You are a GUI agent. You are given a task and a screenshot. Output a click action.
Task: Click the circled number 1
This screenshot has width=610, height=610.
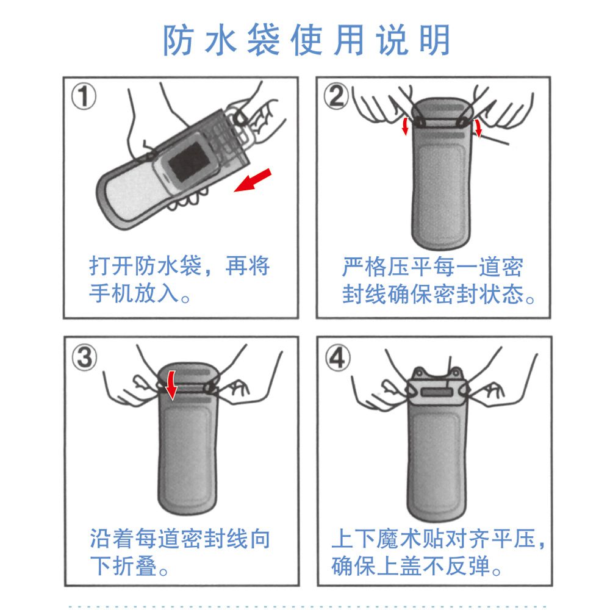pos(84,97)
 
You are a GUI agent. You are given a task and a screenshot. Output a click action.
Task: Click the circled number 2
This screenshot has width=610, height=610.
pos(337,96)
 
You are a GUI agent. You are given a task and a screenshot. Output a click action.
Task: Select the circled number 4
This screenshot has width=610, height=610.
pos(338,358)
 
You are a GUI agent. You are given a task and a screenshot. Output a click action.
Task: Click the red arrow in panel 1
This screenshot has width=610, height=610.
pos(253,180)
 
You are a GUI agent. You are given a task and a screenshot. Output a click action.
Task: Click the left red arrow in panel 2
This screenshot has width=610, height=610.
pos(406,126)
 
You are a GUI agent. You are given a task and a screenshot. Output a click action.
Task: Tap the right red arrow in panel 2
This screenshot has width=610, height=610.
pos(478,128)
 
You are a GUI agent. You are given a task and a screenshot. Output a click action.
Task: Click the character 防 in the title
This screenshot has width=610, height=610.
pos(178,40)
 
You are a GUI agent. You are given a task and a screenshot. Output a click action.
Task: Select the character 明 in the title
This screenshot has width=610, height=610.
pos(434,40)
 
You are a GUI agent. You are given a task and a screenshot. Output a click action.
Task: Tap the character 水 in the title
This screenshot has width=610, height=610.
pos(221,40)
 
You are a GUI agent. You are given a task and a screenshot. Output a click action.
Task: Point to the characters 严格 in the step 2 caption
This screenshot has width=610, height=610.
pos(365,267)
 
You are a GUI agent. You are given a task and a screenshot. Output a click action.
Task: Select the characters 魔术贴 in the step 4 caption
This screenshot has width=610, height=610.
pos(410,539)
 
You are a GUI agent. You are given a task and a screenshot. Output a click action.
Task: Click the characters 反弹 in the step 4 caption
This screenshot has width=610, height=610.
pos(468,566)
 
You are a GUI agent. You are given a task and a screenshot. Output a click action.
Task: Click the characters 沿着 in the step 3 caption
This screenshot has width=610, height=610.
pos(112,539)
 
